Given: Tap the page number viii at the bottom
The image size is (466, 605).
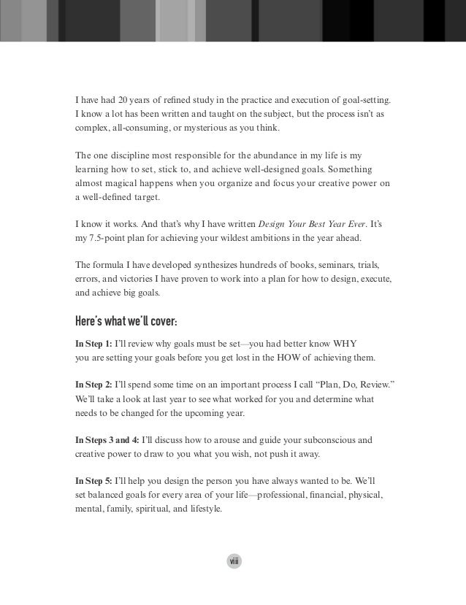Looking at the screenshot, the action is pos(233,560).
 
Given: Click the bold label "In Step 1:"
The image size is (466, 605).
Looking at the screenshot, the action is pos(94,343).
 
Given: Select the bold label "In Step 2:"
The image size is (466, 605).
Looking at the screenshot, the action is pos(94,384).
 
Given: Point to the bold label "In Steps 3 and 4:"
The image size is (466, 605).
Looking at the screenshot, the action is pos(109,440).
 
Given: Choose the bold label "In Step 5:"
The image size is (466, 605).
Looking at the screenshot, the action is pos(94,481).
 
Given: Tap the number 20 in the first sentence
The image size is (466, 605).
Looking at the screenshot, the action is pos(128,100).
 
